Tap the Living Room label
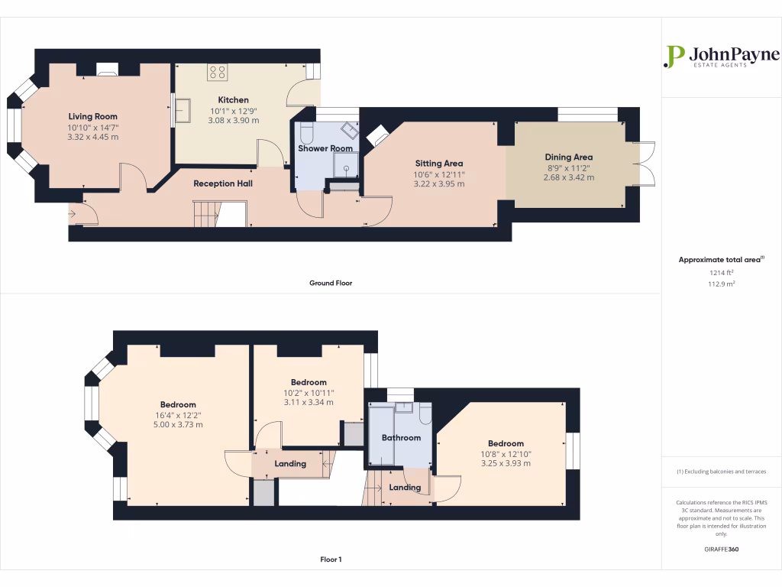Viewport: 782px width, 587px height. pos(92,117)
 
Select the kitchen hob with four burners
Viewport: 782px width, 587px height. pos(218,73)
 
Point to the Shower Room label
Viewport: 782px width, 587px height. pos(325,148)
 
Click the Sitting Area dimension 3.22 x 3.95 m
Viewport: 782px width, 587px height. pos(438,184)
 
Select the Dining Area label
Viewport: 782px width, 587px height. pos(568,157)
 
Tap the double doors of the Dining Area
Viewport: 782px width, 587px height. pos(645,164)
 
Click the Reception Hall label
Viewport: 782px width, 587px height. pos(223,183)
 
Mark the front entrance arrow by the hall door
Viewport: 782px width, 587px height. pos(73,215)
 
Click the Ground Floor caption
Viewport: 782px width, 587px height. pos(330,283)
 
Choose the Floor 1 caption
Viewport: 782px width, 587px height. pos(331,559)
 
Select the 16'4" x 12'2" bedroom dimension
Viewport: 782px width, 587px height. pos(178,415)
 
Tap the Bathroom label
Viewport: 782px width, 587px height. pos(401,438)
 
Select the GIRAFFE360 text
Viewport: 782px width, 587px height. pos(721,549)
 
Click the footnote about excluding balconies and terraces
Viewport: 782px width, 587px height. pos(721,472)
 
